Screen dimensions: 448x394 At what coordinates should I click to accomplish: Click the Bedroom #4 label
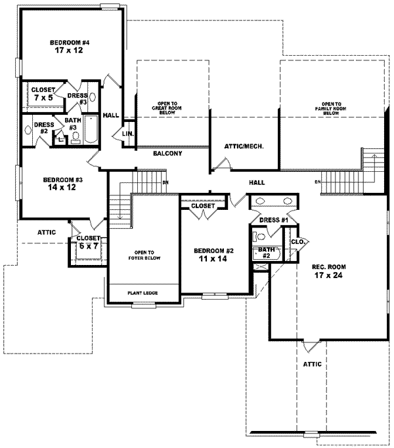(69, 43)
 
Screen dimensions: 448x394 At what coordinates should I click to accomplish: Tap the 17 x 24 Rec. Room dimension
(327, 275)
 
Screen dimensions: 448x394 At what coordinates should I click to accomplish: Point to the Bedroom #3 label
(62, 180)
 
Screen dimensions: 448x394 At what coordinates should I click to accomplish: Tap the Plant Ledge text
(142, 293)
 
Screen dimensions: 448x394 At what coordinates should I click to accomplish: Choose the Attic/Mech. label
(244, 146)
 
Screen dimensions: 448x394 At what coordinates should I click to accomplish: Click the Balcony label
(167, 153)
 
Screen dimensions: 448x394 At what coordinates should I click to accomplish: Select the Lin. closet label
(128, 134)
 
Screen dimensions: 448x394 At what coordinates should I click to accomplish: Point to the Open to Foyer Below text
(142, 253)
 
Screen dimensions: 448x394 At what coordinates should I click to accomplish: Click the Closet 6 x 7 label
(87, 241)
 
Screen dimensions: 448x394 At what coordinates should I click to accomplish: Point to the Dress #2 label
(43, 127)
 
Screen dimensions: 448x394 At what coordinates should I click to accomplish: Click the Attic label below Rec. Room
(313, 364)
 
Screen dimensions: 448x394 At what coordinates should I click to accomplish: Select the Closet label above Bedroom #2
(203, 206)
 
